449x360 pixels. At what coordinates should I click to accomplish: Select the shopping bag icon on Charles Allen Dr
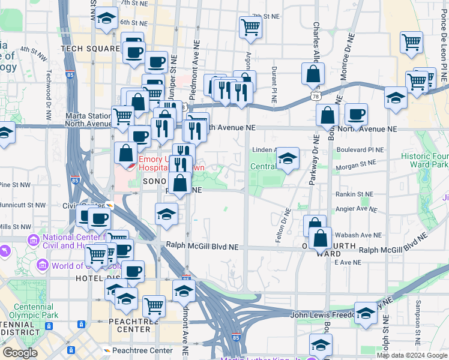click(313, 74)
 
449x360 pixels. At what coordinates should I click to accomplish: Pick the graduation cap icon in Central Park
click(288, 158)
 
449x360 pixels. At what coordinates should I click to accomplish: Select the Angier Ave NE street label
click(357, 211)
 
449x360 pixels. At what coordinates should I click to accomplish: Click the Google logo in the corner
click(20, 353)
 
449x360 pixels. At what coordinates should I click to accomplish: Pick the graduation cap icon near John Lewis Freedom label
click(366, 313)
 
